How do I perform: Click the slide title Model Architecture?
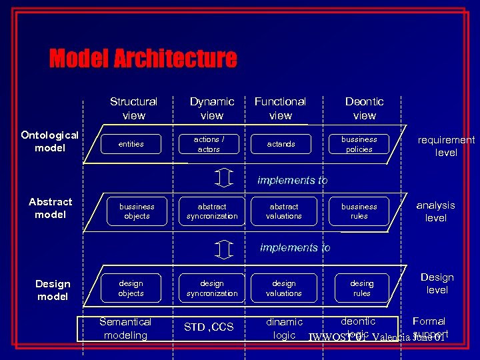click(x=143, y=59)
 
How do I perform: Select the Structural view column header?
click(x=133, y=108)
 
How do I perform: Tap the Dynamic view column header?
click(x=212, y=108)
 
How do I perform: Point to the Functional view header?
click(x=281, y=108)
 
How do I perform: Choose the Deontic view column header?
click(x=365, y=108)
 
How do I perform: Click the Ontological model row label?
click(x=50, y=141)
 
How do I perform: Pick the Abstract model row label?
click(x=51, y=208)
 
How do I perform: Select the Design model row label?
click(x=53, y=290)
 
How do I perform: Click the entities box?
click(x=131, y=144)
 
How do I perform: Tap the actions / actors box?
click(x=209, y=144)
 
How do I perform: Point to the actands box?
click(x=281, y=144)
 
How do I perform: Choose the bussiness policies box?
click(x=359, y=144)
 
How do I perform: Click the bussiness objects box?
click(x=137, y=211)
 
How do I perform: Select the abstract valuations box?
click(x=284, y=211)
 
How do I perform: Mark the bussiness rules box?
click(x=359, y=211)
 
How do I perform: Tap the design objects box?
click(x=131, y=288)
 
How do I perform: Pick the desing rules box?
click(x=362, y=288)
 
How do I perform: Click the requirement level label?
click(x=446, y=146)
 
